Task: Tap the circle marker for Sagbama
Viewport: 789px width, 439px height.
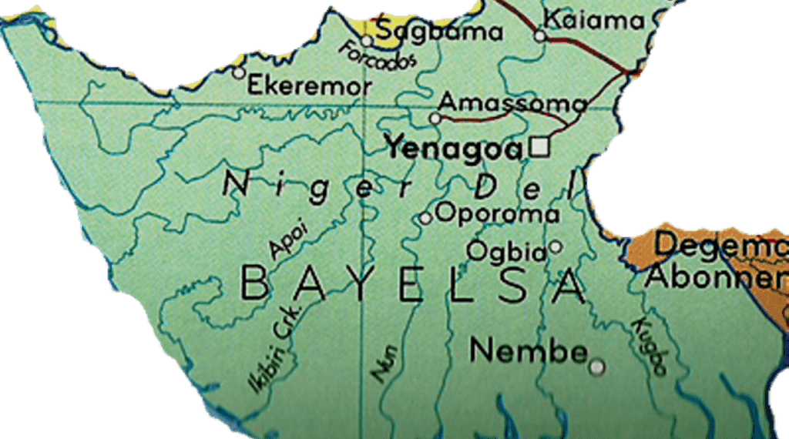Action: click(368, 41)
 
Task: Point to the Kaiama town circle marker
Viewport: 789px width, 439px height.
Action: click(540, 35)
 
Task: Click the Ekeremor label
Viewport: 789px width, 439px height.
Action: click(309, 85)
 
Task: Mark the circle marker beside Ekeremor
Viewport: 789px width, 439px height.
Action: click(239, 73)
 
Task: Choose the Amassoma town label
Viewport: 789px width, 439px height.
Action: click(512, 102)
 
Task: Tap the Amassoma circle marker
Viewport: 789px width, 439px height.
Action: click(435, 119)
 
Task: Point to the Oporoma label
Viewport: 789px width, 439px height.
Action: click(497, 213)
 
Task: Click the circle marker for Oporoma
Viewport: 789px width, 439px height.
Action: click(425, 218)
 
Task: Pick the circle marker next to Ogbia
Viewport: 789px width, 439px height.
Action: click(556, 247)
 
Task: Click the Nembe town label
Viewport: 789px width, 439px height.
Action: click(529, 351)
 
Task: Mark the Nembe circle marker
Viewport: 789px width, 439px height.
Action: click(596, 367)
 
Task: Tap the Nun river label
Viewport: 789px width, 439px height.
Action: click(384, 364)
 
